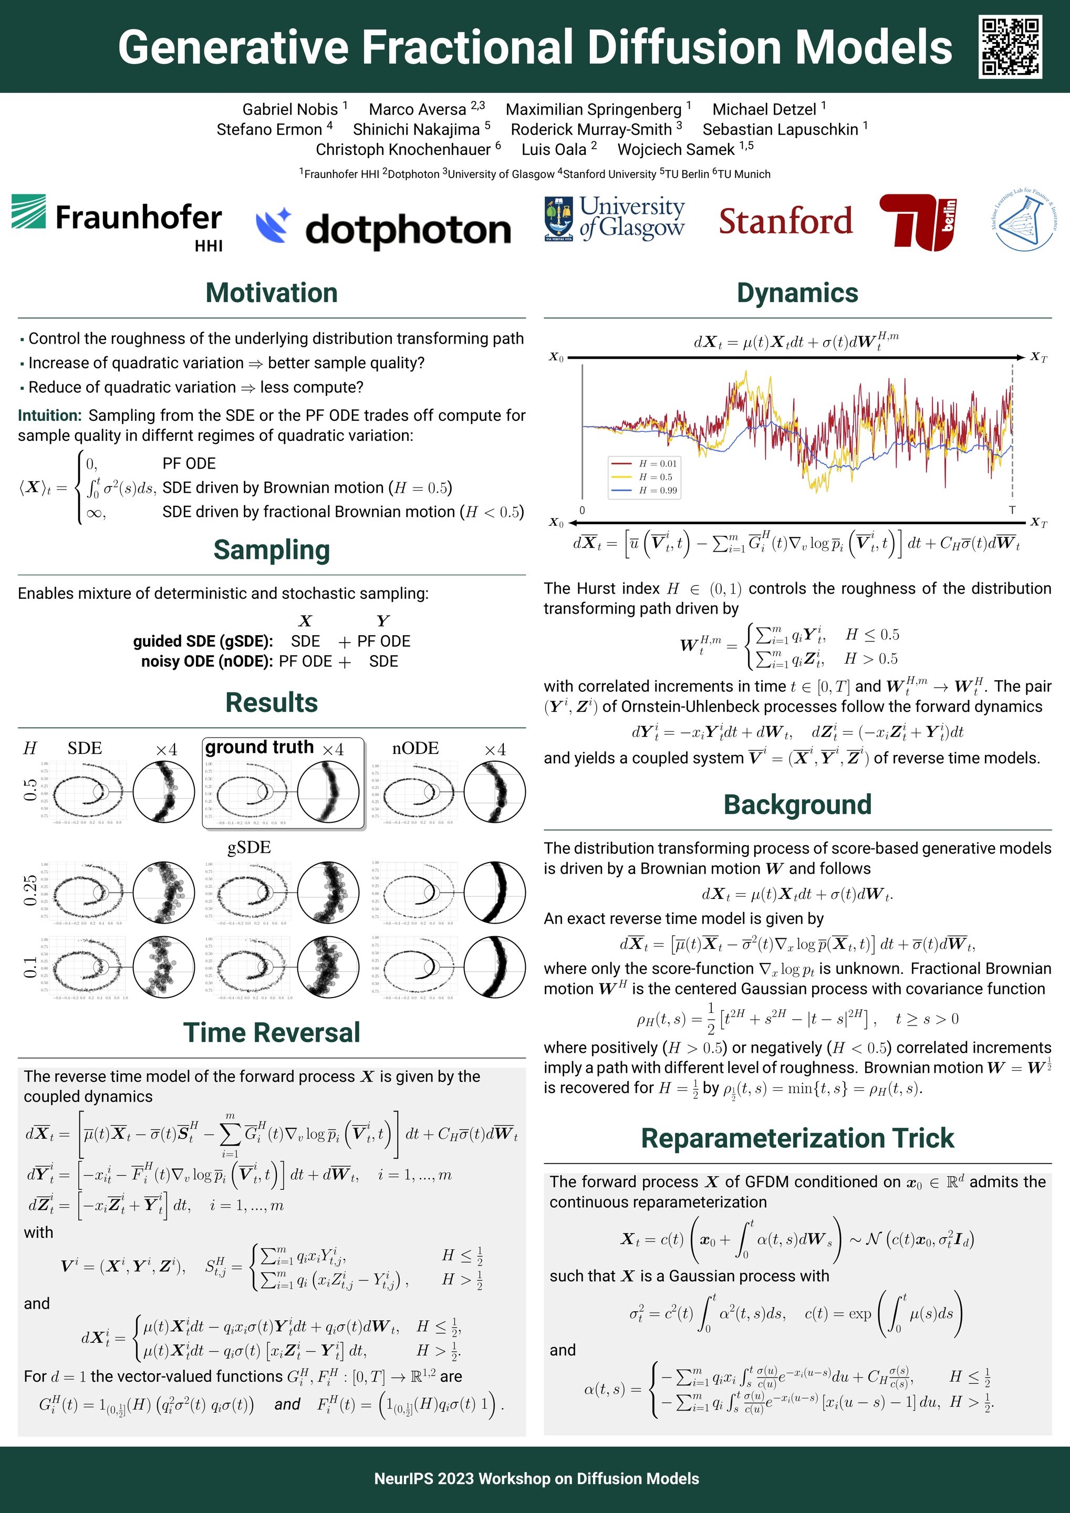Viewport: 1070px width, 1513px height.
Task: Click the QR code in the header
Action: click(1010, 47)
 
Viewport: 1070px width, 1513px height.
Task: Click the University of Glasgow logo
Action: click(614, 218)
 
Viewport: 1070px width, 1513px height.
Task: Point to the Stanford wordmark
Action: click(785, 221)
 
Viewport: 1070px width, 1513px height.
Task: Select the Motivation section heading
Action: click(272, 293)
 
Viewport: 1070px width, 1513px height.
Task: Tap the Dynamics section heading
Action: click(797, 293)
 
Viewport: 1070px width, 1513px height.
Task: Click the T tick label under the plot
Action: click(1012, 510)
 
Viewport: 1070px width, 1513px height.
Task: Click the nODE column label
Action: click(415, 749)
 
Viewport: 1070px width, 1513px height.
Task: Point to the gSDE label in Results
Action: click(249, 847)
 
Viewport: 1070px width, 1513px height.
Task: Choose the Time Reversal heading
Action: click(272, 1033)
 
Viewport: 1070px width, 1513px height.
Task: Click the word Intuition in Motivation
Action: click(49, 415)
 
